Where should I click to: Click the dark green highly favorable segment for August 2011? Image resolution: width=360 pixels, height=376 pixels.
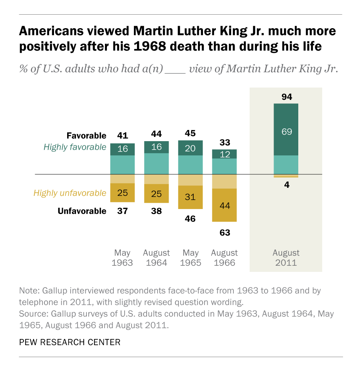(x=286, y=130)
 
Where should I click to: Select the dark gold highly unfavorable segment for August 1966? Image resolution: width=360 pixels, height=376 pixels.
(x=225, y=205)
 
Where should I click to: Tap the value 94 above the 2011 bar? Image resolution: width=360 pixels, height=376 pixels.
(x=286, y=96)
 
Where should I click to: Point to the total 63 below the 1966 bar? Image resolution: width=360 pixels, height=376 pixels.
(x=225, y=233)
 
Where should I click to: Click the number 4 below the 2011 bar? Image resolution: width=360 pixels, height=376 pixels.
(x=286, y=185)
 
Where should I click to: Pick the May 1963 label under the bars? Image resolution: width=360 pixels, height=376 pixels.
(x=122, y=258)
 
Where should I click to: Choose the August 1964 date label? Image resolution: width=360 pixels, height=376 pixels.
(x=156, y=258)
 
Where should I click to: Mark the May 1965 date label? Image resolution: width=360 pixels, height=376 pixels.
(x=191, y=258)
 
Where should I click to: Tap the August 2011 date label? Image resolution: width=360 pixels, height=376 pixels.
(x=286, y=258)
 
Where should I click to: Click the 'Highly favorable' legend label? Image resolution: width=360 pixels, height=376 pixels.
(x=75, y=147)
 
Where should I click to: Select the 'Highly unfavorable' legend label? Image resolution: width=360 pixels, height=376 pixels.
(x=70, y=193)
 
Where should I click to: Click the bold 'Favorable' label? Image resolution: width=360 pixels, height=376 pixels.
(x=86, y=136)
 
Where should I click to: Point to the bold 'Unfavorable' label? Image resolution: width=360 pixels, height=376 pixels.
(x=82, y=211)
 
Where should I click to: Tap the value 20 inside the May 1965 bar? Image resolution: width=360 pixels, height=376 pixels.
(x=191, y=148)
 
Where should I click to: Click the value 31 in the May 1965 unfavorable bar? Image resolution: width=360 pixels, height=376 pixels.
(x=191, y=197)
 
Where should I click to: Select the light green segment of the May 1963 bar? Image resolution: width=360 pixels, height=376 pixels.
(x=122, y=165)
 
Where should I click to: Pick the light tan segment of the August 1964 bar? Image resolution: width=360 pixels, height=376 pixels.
(x=156, y=179)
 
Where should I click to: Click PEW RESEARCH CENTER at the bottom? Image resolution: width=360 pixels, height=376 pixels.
(x=70, y=342)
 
